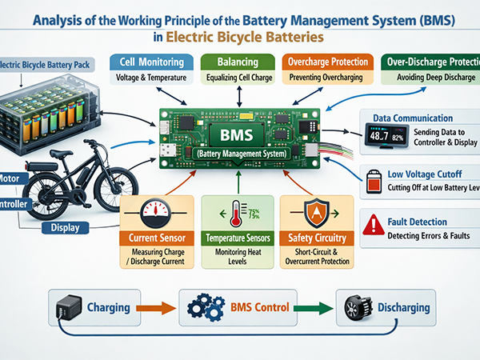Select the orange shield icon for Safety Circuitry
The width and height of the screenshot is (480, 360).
click(314, 214)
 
